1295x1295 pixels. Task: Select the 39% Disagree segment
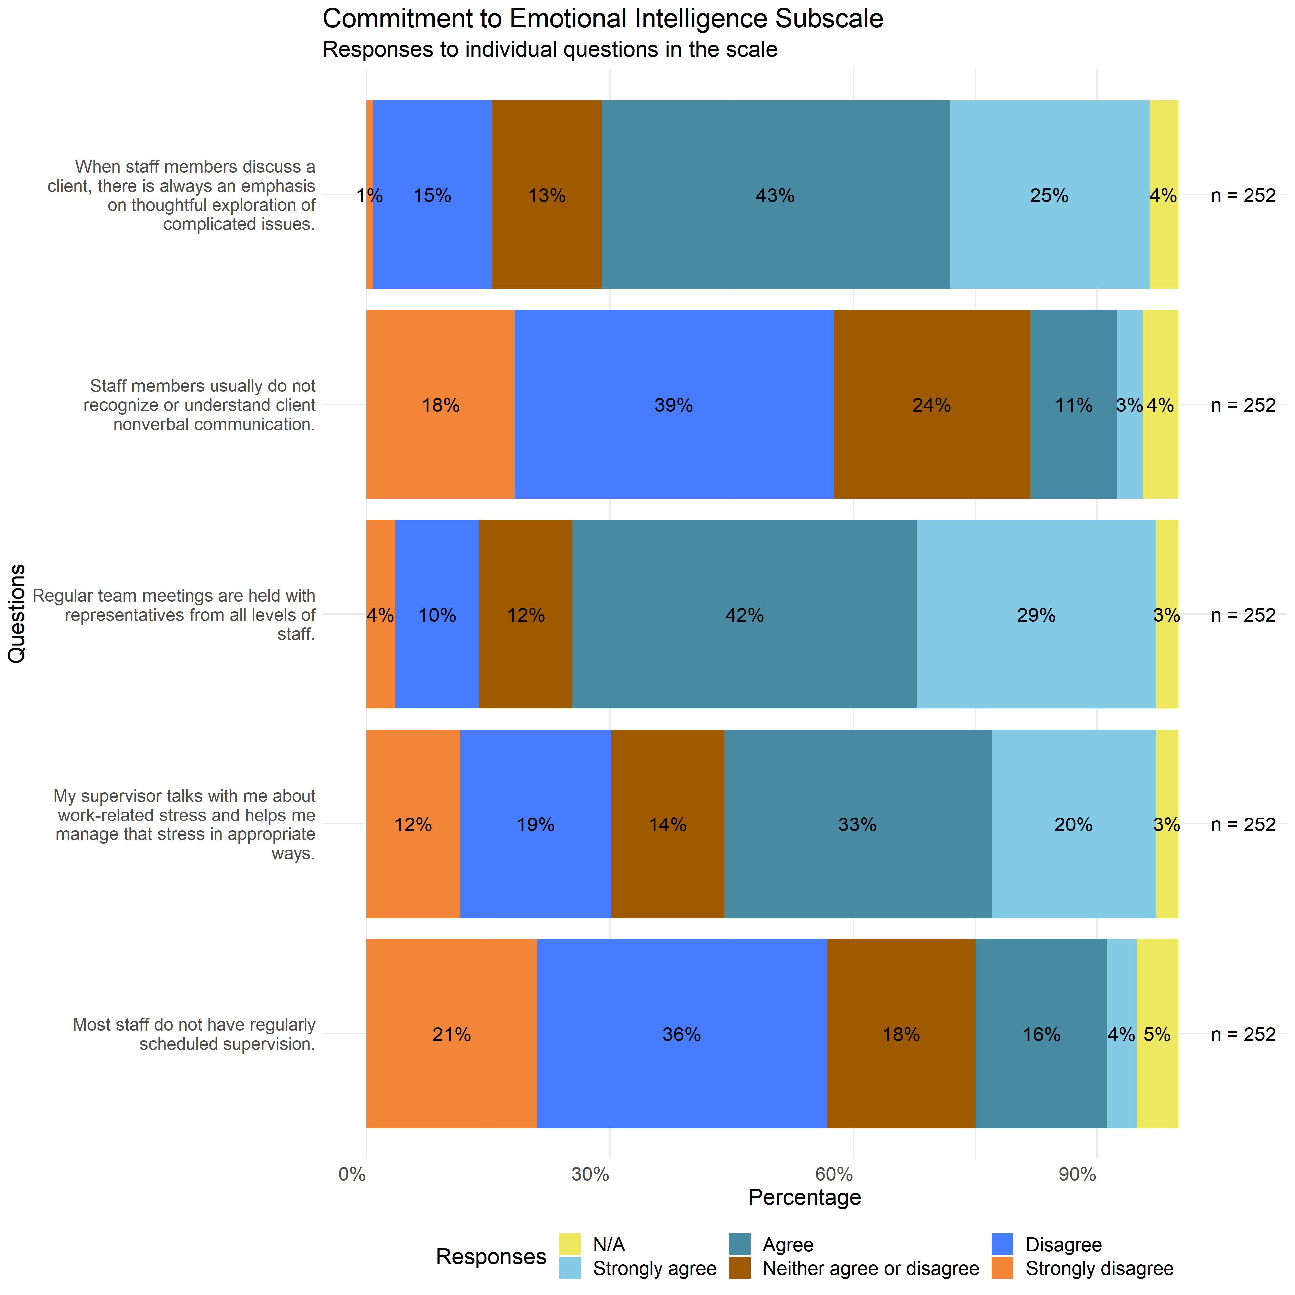(x=674, y=405)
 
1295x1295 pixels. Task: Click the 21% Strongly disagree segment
(x=451, y=1034)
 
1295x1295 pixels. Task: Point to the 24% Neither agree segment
(x=932, y=405)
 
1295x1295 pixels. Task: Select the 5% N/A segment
(x=1157, y=1034)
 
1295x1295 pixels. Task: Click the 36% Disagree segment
(x=682, y=1034)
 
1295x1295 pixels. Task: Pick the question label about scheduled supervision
(x=194, y=1034)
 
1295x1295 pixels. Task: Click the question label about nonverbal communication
(x=200, y=405)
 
